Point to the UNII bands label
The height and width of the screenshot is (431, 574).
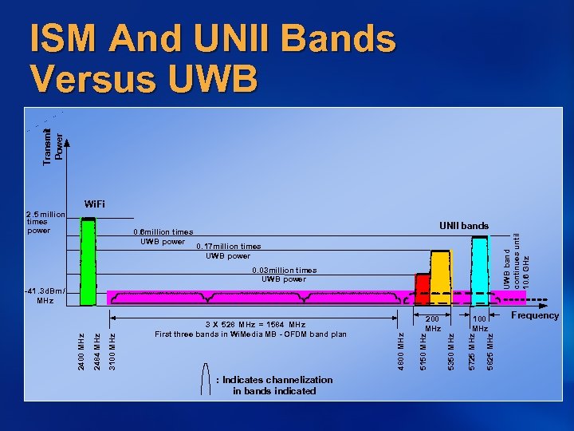click(464, 226)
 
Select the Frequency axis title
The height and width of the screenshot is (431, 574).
click(535, 315)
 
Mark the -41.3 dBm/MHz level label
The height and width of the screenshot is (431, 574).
click(45, 295)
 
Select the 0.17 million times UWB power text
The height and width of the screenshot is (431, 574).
click(228, 251)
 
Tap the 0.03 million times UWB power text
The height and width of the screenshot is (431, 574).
click(283, 275)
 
